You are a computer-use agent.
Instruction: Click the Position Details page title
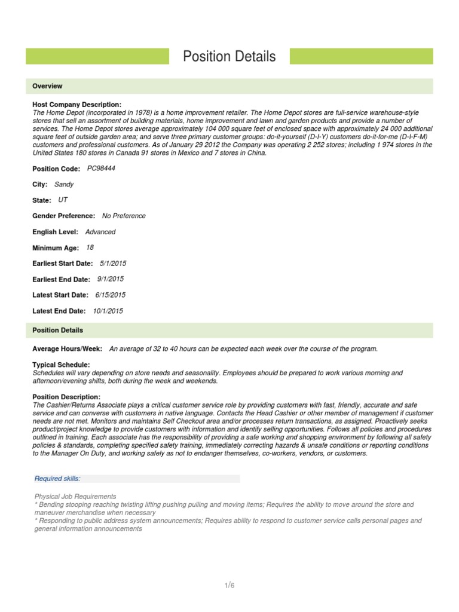point(229,57)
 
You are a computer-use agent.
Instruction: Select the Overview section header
point(47,86)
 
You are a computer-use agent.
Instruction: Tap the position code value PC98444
point(101,169)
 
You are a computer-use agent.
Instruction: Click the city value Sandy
point(64,185)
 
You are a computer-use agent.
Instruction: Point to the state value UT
point(63,200)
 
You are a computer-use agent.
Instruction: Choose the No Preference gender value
point(124,216)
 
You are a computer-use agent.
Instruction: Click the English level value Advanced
point(100,232)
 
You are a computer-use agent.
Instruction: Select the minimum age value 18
point(90,247)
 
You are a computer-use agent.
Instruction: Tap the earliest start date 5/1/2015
point(113,263)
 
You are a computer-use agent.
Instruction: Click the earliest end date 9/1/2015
point(111,279)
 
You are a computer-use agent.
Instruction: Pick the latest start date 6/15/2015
point(111,295)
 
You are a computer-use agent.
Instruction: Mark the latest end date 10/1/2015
point(108,311)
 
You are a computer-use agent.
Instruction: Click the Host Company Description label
point(76,105)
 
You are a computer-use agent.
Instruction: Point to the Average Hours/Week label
point(67,348)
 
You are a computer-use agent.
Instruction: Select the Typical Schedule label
point(61,365)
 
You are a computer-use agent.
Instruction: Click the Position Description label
point(66,397)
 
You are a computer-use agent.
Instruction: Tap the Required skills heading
point(57,479)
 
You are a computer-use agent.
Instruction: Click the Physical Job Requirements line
point(75,497)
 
